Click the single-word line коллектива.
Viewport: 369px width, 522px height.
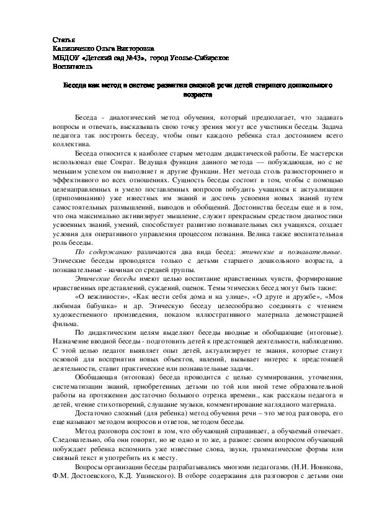pos(70,142)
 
